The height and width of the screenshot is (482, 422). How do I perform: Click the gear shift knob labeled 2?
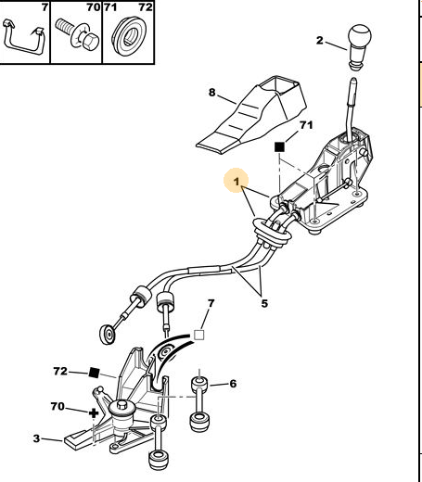coord(359,46)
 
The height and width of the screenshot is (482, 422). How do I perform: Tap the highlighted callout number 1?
coord(237,182)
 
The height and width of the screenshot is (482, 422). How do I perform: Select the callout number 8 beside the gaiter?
coord(211,92)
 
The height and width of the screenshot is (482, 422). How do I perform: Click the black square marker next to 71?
coord(279,147)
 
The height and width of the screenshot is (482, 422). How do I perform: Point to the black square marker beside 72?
coord(94,373)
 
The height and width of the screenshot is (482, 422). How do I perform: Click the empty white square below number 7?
coord(199,335)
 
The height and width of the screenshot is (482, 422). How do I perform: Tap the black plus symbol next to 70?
coord(94,413)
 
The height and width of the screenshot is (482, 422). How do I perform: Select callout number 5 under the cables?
coord(264,303)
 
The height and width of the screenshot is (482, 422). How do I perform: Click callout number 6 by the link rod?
coord(233,384)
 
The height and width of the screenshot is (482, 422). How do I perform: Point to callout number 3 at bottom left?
coord(36,438)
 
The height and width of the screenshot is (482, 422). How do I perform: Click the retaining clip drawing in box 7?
coord(23,38)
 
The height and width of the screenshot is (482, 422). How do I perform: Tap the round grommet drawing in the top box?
coord(129,36)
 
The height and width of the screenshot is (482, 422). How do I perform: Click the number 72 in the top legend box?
coord(146,6)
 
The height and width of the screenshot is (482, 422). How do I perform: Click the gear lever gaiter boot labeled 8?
coord(251,115)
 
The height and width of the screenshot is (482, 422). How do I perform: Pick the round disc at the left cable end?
coord(108,334)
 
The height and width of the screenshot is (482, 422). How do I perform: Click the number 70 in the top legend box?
coord(94,6)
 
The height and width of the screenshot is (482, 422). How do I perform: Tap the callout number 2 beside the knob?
coord(320,41)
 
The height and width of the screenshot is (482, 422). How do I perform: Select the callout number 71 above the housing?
coord(306,125)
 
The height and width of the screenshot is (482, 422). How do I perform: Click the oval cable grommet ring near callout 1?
coord(272,233)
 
